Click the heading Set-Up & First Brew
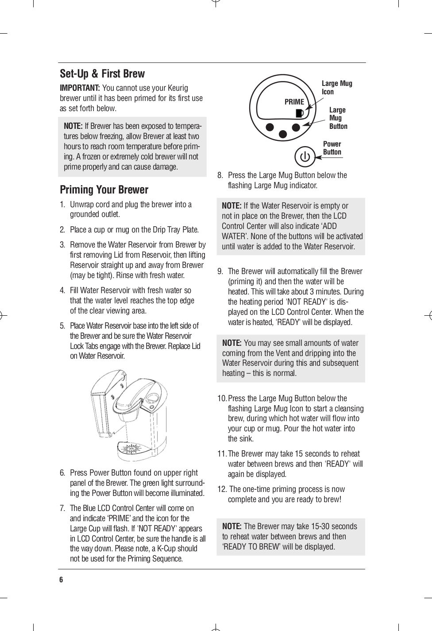click(x=102, y=74)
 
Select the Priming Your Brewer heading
click(x=104, y=190)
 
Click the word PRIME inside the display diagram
click(x=294, y=102)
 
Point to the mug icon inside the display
click(x=300, y=113)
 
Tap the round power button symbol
click(x=305, y=157)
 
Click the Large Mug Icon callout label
click(x=336, y=87)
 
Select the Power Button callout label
click(x=332, y=148)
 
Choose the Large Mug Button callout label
click(x=338, y=118)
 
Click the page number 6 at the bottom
click(x=62, y=580)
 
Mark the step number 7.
click(x=63, y=508)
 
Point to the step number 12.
click(x=222, y=489)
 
